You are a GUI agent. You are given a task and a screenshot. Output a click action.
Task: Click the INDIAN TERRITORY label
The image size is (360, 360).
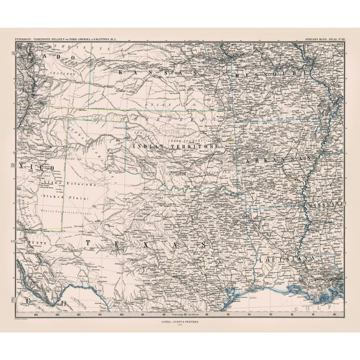pyautogui.click(x=177, y=146)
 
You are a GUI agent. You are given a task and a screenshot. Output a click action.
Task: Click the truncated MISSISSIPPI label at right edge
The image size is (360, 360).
pyautogui.click(x=323, y=204)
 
